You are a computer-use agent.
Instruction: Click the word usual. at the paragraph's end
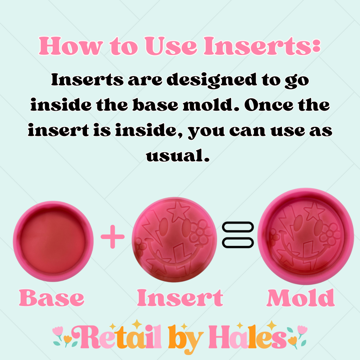pyautogui.click(x=180, y=155)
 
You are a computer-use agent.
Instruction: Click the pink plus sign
pyautogui.click(x=112, y=237)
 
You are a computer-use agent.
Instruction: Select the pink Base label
pyautogui.click(x=52, y=298)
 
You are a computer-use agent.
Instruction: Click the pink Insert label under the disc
pyautogui.click(x=180, y=298)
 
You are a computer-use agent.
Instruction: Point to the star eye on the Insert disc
pyautogui.click(x=176, y=211)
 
